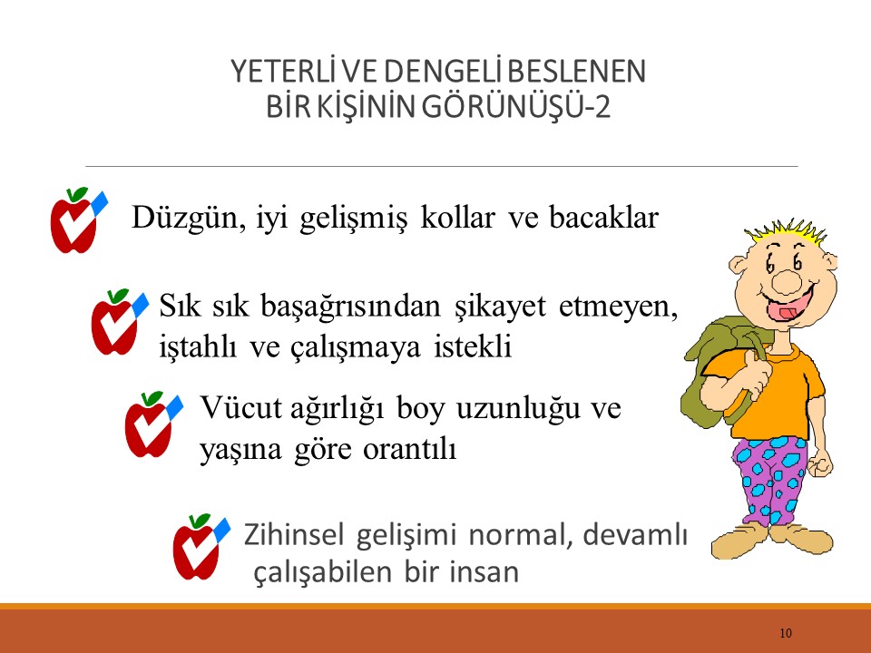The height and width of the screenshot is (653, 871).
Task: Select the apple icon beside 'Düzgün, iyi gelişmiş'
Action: (x=75, y=220)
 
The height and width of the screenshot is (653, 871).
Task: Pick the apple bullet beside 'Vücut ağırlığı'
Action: (x=150, y=424)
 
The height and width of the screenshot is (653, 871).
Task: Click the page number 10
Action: (x=786, y=632)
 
